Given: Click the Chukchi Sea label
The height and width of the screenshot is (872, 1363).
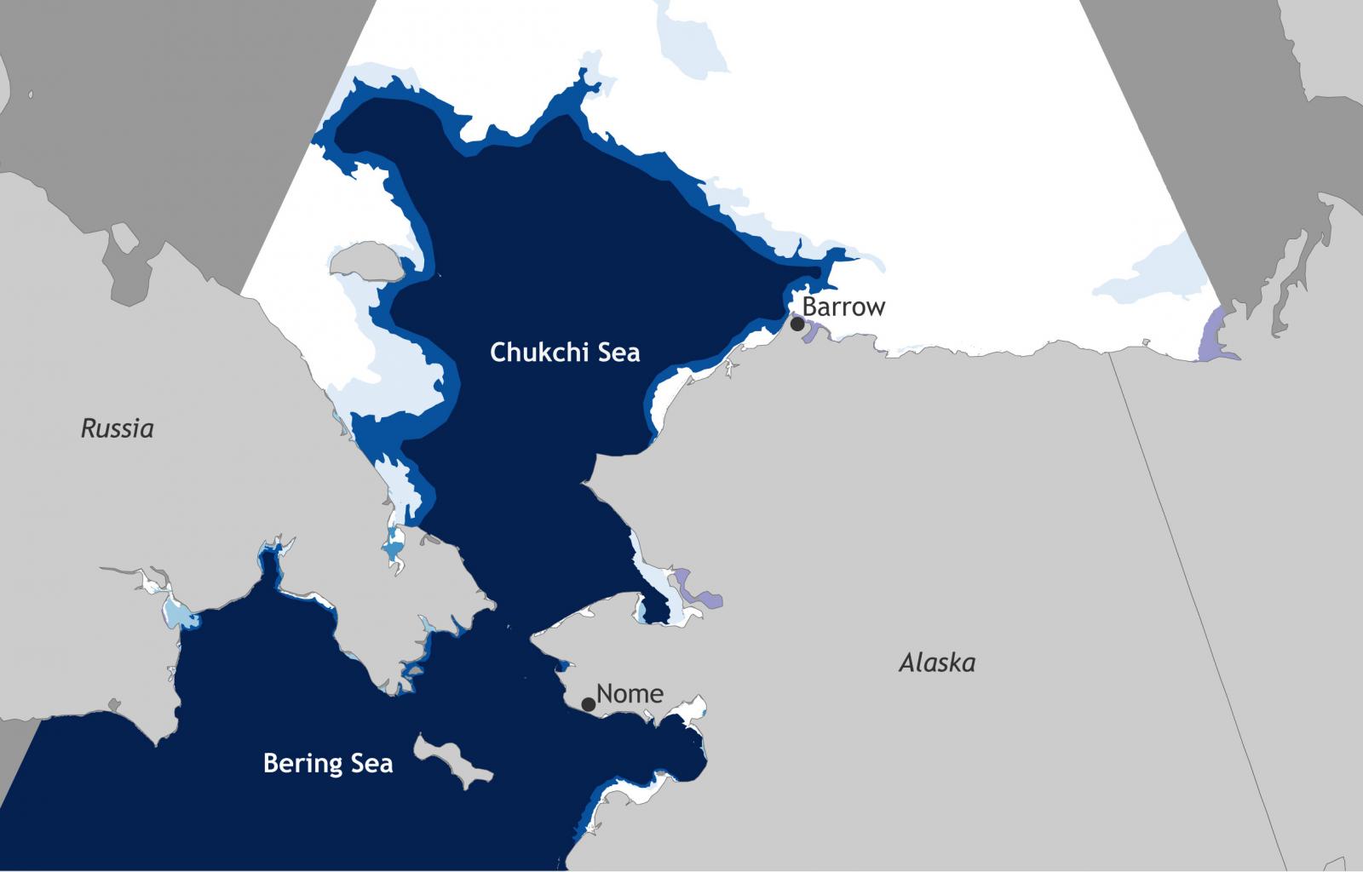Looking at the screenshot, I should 565,353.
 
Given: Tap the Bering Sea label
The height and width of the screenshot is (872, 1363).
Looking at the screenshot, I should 328,763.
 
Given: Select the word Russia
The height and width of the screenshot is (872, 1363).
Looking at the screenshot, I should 118,428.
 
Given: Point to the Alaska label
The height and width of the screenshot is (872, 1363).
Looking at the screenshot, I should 937,663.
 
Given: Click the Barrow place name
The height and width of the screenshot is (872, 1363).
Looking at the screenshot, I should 843,307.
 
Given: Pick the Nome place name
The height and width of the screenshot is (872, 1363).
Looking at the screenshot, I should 630,694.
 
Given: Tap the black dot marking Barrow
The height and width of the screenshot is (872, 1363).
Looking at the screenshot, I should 797,324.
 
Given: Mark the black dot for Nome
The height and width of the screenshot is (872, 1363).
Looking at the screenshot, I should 588,704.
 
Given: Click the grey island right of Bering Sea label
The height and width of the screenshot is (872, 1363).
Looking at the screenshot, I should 451,760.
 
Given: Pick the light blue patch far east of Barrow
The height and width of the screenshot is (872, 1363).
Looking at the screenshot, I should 1159,272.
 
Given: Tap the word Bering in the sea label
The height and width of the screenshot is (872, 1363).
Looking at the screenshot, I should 297,763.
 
